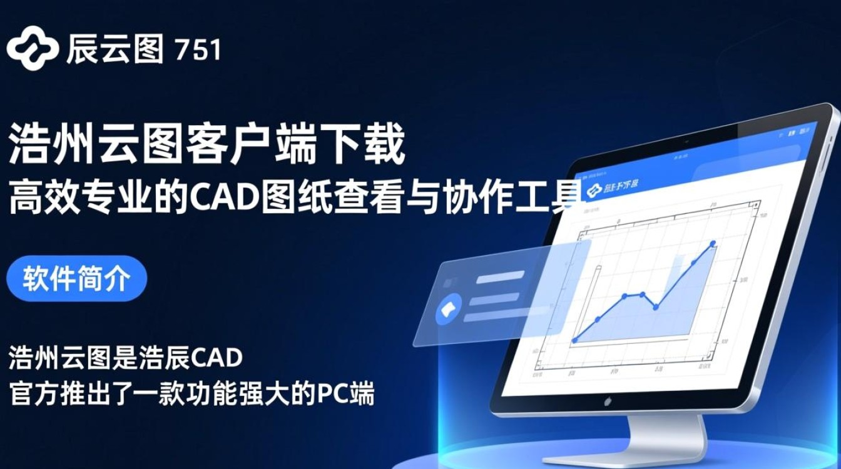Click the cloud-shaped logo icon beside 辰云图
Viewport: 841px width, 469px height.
pos(32,48)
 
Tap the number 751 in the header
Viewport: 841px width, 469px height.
pos(198,50)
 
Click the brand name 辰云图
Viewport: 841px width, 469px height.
pos(115,49)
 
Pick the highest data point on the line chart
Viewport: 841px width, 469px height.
pos(713,243)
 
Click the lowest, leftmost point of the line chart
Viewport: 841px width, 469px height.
pos(575,340)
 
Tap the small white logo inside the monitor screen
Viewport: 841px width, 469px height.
pos(594,188)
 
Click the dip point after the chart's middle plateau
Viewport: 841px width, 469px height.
pos(656,307)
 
